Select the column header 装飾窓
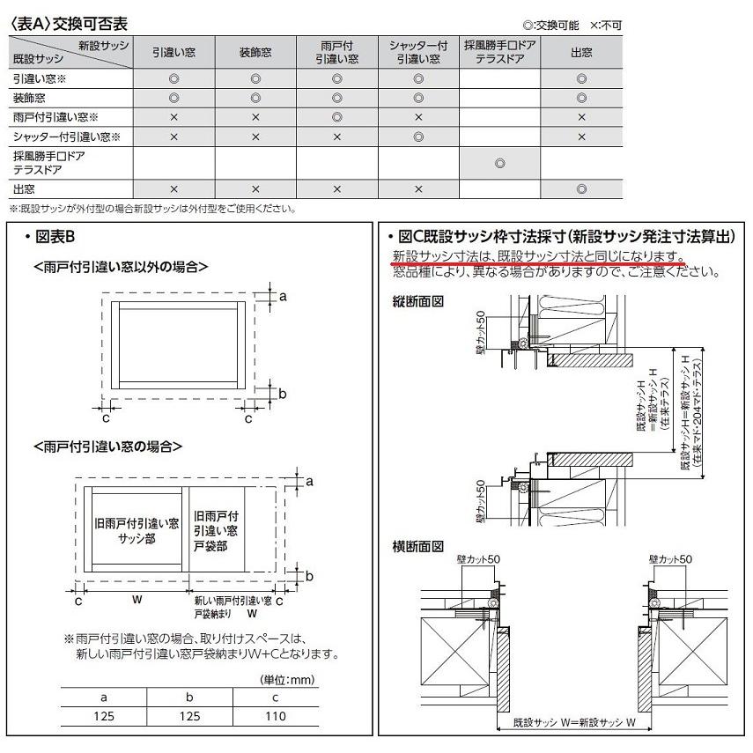(255, 53)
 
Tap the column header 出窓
(581, 53)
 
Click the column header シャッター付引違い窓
(419, 53)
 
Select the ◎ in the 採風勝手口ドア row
(500, 163)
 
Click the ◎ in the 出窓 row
(581, 189)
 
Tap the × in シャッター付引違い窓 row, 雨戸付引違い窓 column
(337, 137)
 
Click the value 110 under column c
(275, 716)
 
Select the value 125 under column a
(104, 716)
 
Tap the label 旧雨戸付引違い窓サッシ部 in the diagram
(137, 531)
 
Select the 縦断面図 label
(417, 302)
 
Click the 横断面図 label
(417, 547)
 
